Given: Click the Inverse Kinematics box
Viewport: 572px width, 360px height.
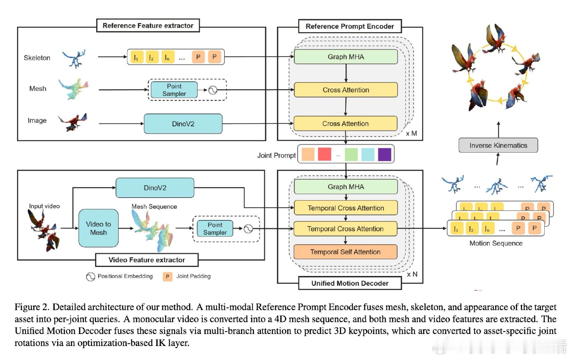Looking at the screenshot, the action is [498, 145].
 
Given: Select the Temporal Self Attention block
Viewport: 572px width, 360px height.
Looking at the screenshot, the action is [345, 252].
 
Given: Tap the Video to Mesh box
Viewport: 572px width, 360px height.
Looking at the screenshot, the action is [98, 228].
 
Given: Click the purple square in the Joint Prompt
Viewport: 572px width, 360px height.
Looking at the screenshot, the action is [385, 154].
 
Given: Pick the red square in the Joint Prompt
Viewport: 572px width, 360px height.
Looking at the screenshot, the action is [325, 154].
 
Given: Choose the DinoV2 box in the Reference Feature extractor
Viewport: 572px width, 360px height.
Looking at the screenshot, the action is [183, 124].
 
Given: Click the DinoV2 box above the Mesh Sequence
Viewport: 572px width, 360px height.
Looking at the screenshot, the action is [155, 188].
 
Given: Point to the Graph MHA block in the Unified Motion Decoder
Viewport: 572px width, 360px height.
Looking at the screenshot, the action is [346, 187].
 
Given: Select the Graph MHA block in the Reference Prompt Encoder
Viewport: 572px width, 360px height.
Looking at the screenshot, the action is [346, 57].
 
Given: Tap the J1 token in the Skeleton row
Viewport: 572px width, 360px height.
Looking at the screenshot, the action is [136, 57].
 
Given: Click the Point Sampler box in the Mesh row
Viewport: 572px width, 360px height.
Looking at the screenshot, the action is [174, 90].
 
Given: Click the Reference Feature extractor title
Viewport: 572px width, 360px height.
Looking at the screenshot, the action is [148, 26].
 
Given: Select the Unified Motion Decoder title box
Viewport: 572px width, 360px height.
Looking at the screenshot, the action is [350, 283].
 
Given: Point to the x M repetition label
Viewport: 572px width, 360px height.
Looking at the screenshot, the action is [411, 133].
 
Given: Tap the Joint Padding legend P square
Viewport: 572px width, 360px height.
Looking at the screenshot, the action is [167, 277].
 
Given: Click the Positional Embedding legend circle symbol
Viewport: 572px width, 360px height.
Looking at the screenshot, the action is [90, 277].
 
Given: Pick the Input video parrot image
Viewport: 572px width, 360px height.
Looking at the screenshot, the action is [44, 230].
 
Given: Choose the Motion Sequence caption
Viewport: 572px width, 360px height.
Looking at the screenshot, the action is [496, 243].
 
